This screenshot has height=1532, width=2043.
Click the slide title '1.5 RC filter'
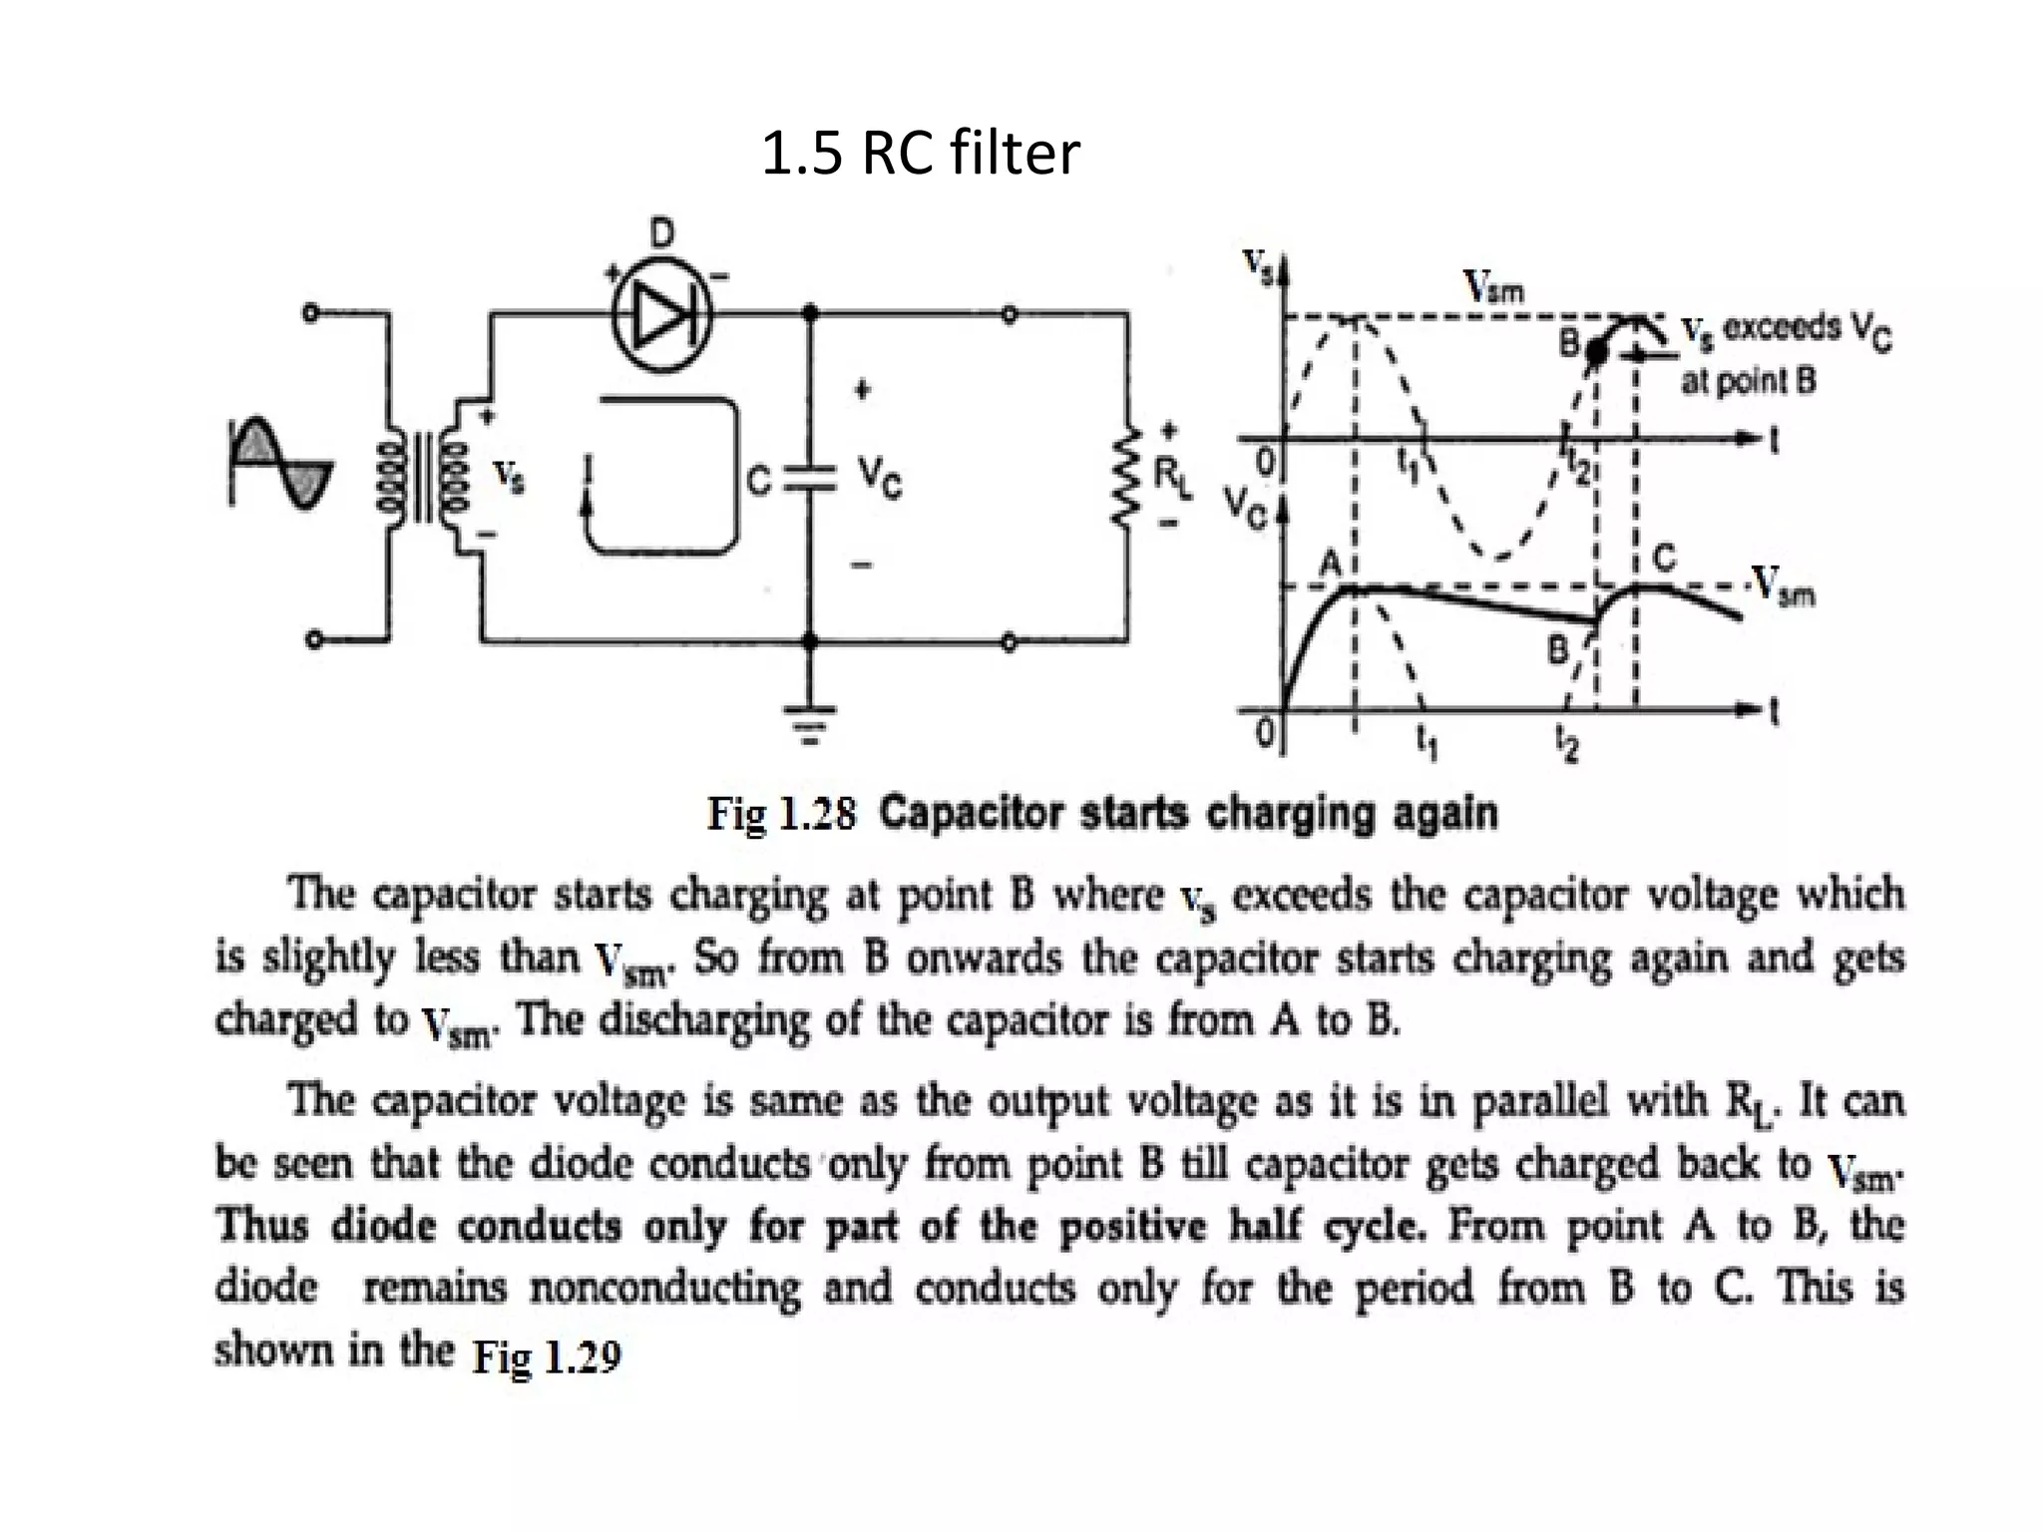920,154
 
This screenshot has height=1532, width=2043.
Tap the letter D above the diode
661,234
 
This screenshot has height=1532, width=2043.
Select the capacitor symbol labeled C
810,479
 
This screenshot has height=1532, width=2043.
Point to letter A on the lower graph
1332,565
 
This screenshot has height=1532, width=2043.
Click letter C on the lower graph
1664,559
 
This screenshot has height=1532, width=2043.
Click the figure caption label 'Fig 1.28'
781,814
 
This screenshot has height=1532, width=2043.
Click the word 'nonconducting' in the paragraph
664,1288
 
